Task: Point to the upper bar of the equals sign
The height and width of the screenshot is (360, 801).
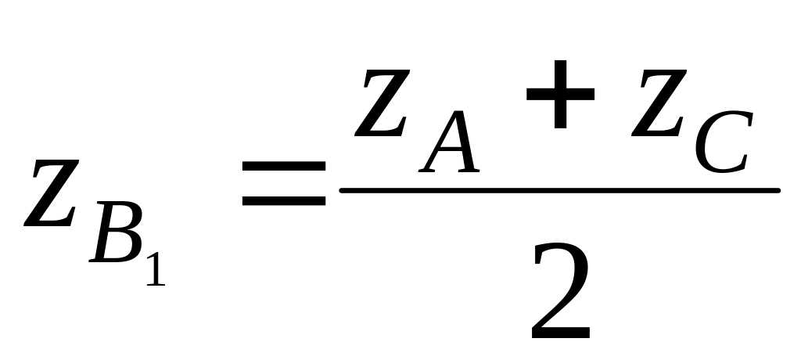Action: click(x=283, y=166)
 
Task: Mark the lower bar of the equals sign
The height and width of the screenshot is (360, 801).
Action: click(x=283, y=200)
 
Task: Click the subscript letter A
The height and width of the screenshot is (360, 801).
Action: click(x=451, y=142)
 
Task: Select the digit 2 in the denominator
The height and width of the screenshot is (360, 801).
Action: click(x=560, y=293)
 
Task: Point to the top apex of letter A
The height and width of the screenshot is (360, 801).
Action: click(x=466, y=112)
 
